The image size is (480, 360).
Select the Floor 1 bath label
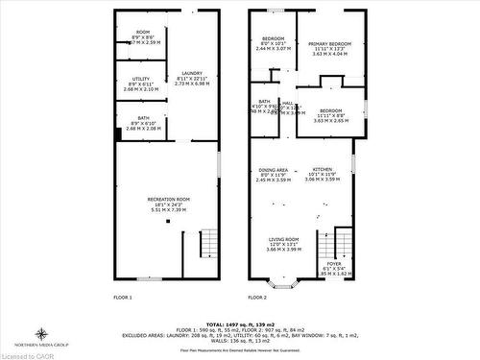point(133,122)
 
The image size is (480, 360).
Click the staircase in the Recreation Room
point(209,244)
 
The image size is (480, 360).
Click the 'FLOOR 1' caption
point(123,298)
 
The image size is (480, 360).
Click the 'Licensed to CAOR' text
point(27,355)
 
